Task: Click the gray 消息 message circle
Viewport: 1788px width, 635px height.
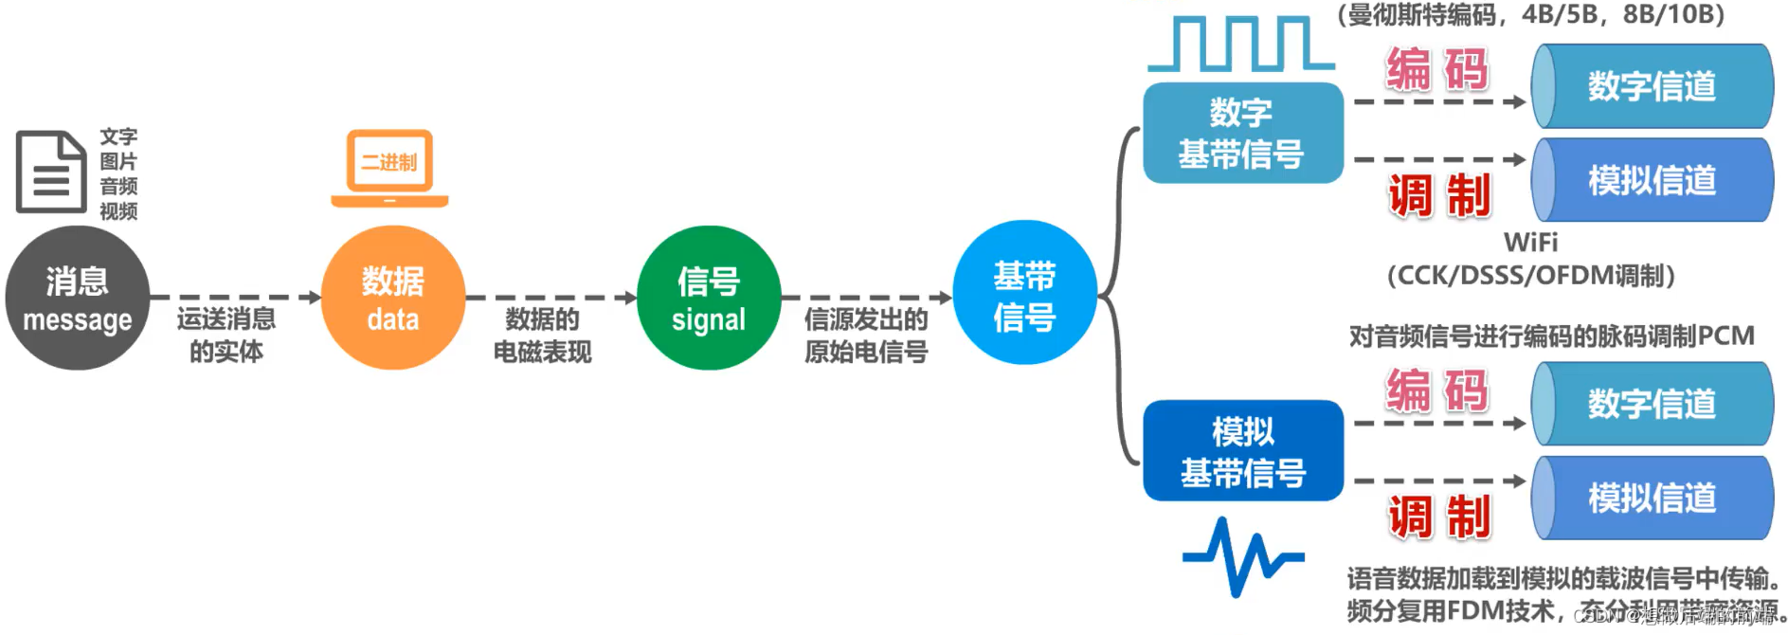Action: pos(78,299)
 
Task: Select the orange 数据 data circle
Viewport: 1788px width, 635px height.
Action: pos(393,299)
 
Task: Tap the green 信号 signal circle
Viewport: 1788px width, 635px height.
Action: pos(709,299)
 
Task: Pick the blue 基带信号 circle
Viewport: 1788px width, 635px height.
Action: pos(1024,294)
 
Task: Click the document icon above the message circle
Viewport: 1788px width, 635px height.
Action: pos(51,172)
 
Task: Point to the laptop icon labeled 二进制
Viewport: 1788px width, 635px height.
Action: pos(389,168)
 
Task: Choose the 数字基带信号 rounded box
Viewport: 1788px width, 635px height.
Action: pos(1242,133)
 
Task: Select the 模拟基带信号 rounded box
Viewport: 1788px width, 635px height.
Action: pos(1242,451)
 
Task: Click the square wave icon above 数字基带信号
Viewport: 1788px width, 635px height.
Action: pos(1240,45)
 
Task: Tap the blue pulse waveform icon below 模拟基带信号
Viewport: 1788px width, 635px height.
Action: pos(1242,557)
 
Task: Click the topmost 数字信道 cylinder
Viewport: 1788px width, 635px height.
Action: pos(1653,86)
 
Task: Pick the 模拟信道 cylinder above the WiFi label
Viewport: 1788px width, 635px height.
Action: pos(1653,180)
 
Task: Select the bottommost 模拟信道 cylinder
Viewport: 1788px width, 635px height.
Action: pos(1653,498)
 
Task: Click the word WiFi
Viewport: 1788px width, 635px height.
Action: pos(1530,243)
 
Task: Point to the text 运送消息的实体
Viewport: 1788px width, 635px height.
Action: pos(226,335)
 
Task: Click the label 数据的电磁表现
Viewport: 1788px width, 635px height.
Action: pos(542,335)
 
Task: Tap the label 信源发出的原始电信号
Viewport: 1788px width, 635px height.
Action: pos(866,335)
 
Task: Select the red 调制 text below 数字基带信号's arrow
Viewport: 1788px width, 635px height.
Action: pos(1439,196)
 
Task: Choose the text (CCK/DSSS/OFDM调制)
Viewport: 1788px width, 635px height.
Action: pos(1530,276)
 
